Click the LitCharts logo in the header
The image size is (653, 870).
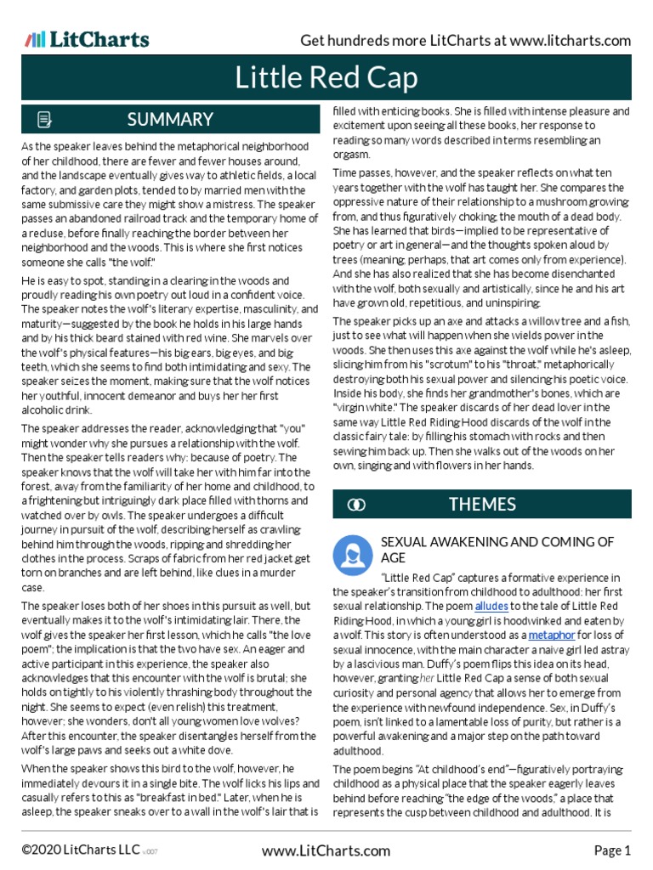point(87,39)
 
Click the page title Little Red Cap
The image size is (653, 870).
point(326,79)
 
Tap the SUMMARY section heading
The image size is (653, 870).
point(170,119)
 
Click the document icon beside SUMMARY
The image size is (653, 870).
point(45,120)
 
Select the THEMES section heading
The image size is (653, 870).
point(482,505)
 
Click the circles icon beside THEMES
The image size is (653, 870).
point(357,506)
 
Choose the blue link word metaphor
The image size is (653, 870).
point(552,635)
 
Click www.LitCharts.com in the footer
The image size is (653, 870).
point(326,850)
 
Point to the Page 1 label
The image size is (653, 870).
point(611,850)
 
